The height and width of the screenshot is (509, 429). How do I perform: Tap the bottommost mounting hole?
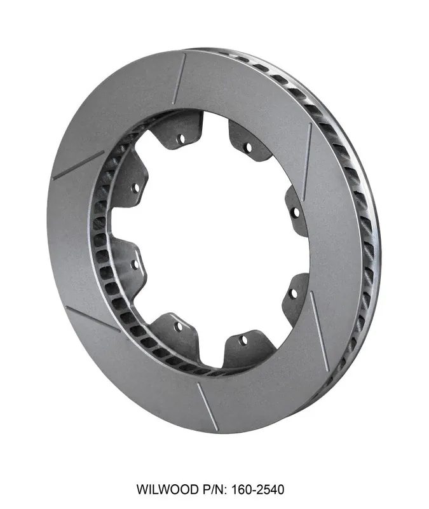[x=243, y=340]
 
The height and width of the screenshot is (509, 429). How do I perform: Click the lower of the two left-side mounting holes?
[x=135, y=263]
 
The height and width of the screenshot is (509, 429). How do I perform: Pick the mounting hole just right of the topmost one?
[x=247, y=148]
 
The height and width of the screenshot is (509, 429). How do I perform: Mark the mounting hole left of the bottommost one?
[x=179, y=326]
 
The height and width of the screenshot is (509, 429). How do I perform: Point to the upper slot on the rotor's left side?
[x=78, y=165]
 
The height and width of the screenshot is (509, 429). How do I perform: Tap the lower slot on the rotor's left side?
[x=93, y=319]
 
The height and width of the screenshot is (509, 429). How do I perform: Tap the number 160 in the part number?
[x=242, y=489]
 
